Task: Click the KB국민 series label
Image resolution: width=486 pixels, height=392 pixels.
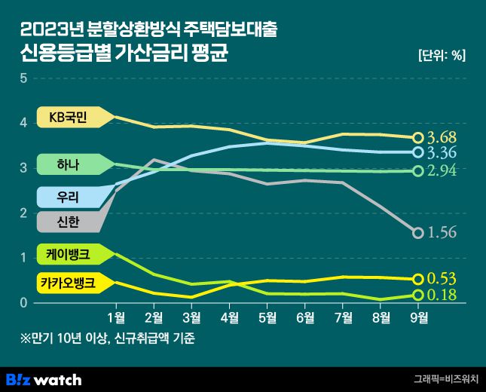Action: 68,117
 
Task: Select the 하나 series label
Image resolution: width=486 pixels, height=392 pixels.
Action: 66,164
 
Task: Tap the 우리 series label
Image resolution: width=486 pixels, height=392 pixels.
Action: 66,197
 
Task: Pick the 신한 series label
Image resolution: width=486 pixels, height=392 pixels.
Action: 66,222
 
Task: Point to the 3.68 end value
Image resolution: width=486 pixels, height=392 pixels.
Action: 442,138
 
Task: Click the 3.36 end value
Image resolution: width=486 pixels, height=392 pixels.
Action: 442,153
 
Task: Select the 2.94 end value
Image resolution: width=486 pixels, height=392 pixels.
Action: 442,171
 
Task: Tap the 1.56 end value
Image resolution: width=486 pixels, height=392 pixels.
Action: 442,233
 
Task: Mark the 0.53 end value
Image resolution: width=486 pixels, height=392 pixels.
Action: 442,279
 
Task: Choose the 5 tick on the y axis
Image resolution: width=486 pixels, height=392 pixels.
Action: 23,78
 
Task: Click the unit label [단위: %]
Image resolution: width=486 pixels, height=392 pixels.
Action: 441,54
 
